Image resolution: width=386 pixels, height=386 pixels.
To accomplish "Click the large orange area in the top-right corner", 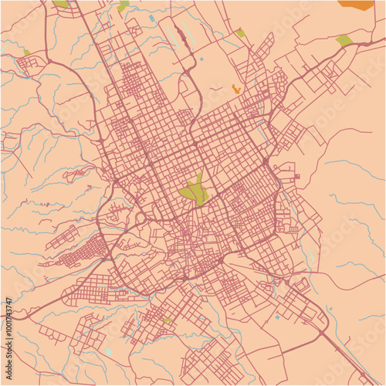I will [356, 5].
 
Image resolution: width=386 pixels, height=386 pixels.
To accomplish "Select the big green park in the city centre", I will [195, 190].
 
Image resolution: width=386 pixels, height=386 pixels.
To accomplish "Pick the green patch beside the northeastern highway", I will [344, 40].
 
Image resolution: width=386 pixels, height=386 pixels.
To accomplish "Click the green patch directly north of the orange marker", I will [240, 32].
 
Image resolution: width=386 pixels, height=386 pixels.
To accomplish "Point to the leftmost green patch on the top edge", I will [60, 3].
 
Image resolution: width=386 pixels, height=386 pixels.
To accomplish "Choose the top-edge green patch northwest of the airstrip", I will [124, 6].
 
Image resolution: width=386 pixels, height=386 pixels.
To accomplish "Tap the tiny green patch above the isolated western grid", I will [27, 52].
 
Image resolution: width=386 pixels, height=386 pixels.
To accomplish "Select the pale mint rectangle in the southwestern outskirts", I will [108, 351].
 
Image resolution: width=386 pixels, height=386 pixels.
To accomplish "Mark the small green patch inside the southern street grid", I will [168, 320].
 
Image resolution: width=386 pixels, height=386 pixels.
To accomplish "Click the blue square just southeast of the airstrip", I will [201, 59].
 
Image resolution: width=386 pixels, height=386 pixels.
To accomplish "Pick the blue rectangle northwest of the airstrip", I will [151, 17].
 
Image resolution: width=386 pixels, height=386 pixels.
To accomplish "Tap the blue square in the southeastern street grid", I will [276, 317].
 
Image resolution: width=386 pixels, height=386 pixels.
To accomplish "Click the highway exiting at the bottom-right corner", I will [371, 378].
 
